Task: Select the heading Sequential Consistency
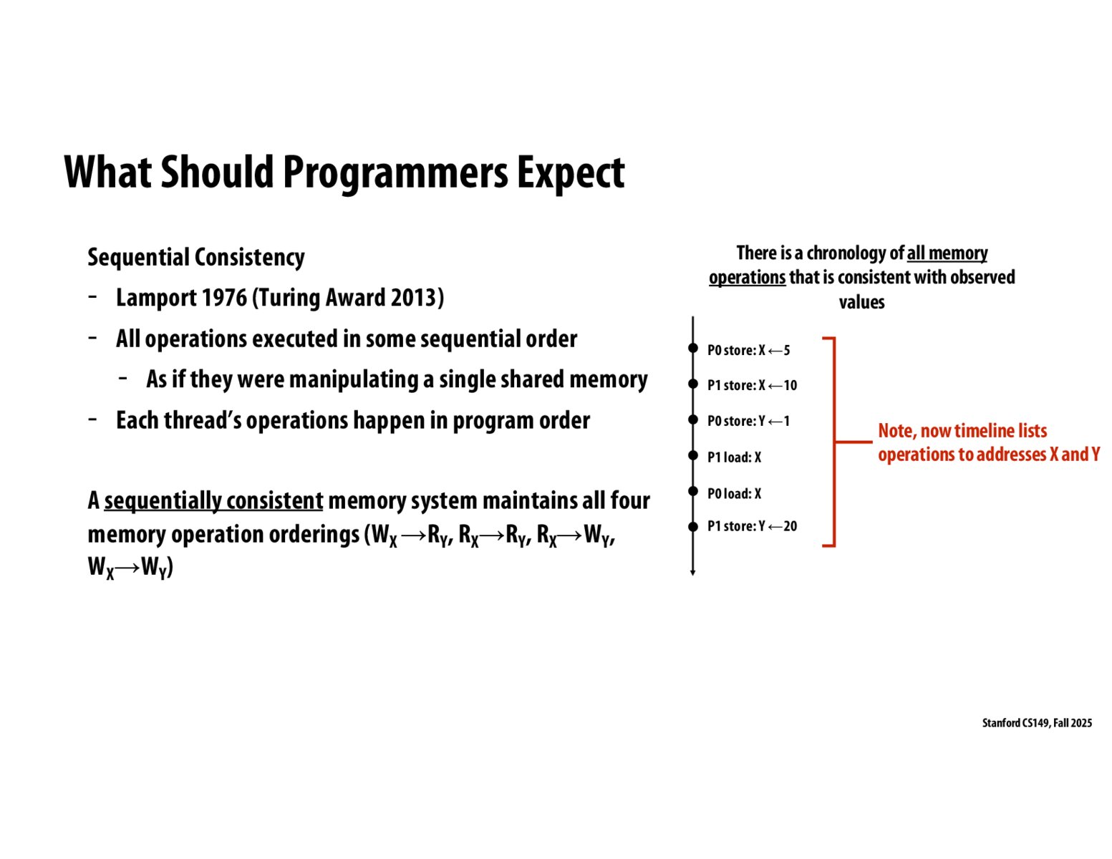point(195,257)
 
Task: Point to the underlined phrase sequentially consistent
point(213,500)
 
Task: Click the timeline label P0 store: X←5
point(748,350)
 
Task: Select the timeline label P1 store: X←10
point(752,385)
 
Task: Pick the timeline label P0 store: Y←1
point(748,421)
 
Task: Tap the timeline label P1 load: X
point(734,457)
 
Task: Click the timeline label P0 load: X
point(734,493)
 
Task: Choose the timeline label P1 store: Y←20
point(752,526)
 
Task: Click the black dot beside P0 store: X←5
point(692,349)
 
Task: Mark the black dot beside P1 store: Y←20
point(692,527)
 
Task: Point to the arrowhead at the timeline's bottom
point(692,572)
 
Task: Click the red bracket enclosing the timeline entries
point(833,442)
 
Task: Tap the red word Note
point(895,431)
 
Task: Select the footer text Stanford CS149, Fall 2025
point(1036,723)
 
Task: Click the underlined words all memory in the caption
point(947,253)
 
